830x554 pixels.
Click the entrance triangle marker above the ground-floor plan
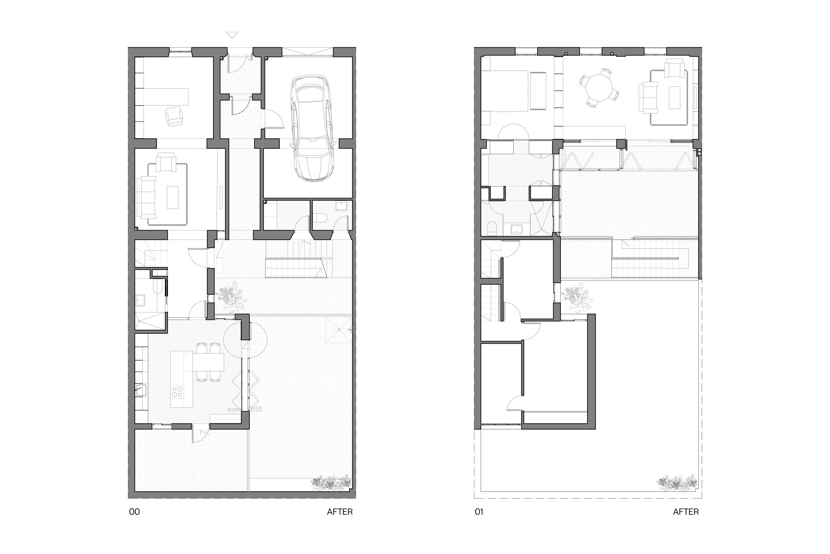coord(232,35)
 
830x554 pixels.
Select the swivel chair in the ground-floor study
coord(174,116)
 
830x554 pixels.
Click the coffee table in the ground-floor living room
coord(172,197)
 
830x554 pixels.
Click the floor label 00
coord(135,511)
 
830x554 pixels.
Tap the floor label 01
coord(479,511)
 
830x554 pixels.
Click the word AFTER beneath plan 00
coord(340,511)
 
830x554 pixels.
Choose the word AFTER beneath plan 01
coord(686,511)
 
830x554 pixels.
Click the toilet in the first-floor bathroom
coord(492,228)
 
